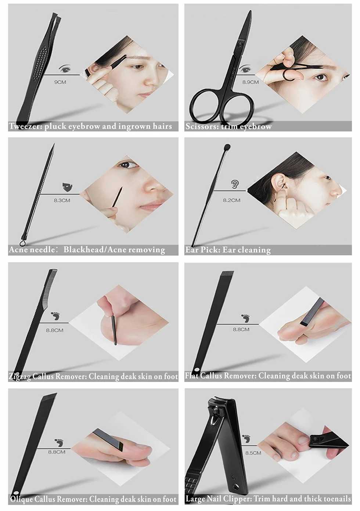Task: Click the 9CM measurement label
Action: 60,82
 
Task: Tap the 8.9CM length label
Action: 251,82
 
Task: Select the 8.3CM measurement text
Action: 62,201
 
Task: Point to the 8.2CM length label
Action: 231,200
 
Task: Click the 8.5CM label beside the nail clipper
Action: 253,452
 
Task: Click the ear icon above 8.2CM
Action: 235,184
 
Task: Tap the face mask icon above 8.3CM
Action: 67,187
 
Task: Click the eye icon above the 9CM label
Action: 65,68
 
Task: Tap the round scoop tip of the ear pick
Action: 227,147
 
